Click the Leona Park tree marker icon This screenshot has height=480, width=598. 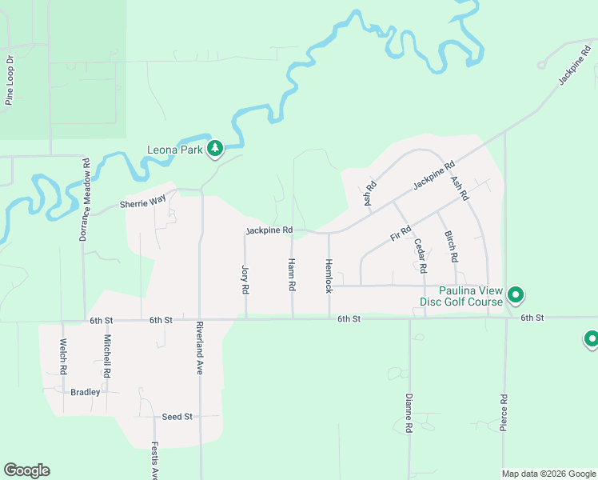point(214,148)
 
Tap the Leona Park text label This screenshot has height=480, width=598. point(174,150)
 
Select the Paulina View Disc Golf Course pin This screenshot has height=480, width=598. point(516,296)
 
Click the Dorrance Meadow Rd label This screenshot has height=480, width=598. point(84,199)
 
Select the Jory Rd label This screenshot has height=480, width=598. point(245,277)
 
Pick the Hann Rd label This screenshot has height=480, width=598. point(292,274)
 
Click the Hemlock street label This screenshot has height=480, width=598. point(328,275)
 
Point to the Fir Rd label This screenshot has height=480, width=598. point(400,234)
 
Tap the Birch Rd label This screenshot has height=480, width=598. point(450,246)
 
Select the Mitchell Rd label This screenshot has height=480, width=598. point(106,356)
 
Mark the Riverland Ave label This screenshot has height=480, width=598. point(200,349)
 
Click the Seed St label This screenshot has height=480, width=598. point(177,417)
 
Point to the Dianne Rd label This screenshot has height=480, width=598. point(409,413)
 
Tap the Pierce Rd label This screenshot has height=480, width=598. point(504,413)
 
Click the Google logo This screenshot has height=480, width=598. point(26,470)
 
